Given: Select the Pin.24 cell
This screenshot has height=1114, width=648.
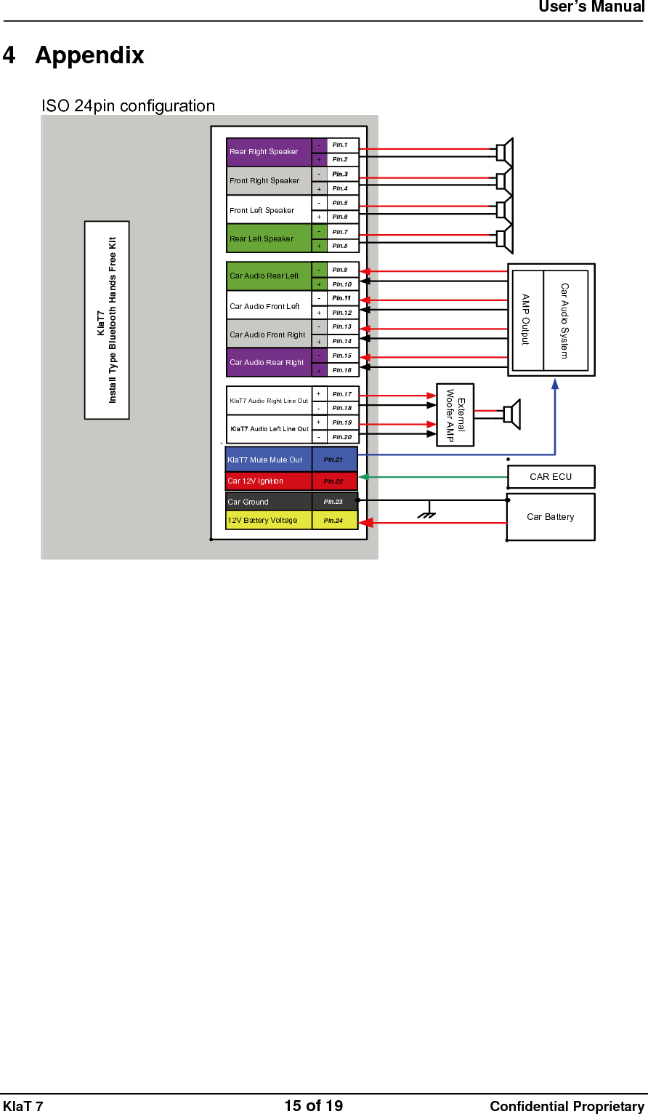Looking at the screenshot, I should (x=334, y=521).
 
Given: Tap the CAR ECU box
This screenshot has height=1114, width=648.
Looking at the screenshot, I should (x=551, y=477).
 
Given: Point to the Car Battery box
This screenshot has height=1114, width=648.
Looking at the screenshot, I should (x=551, y=517).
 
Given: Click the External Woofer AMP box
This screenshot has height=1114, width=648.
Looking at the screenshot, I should (x=455, y=414).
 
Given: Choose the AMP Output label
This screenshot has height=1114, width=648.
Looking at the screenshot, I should (x=527, y=320).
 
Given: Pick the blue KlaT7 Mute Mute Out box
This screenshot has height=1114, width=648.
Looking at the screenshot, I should (x=269, y=460).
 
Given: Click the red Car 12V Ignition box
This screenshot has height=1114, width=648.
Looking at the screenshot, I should (x=269, y=481).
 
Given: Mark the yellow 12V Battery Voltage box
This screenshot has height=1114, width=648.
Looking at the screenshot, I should (x=269, y=521).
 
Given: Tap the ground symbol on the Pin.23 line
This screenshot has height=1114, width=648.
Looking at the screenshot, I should (x=428, y=514).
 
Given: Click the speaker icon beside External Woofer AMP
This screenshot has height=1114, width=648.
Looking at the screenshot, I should (x=511, y=414).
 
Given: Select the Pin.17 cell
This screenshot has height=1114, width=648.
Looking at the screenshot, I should (x=342, y=394).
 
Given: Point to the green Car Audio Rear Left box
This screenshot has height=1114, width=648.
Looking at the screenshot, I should (x=269, y=276).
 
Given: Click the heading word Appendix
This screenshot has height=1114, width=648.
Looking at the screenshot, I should (x=89, y=55).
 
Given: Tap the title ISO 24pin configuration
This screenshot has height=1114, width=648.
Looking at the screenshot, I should (x=129, y=106).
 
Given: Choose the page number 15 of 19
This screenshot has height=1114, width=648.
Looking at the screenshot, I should (x=313, y=1106).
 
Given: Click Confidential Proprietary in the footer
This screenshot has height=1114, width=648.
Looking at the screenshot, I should (x=567, y=1107).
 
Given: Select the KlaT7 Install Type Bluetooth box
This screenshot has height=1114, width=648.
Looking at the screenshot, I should (x=107, y=320).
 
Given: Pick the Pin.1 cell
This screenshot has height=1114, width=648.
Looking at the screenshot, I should (x=342, y=145).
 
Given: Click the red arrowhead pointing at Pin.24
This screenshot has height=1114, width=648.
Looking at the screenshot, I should (x=367, y=523).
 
